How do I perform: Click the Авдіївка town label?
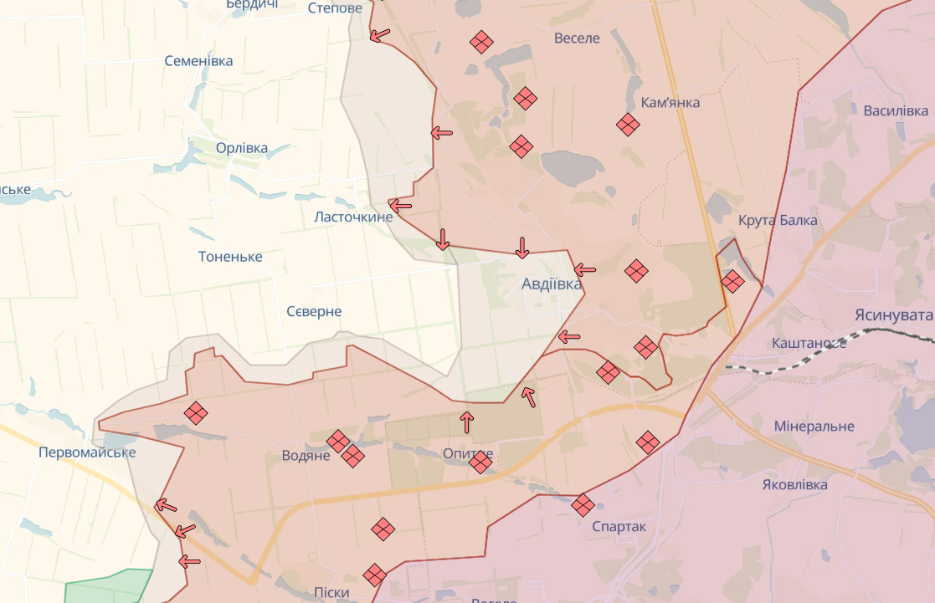click(x=552, y=284)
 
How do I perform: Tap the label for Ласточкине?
click(x=353, y=217)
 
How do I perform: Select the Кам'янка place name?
click(x=670, y=102)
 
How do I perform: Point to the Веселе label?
click(x=577, y=38)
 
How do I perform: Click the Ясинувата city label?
click(x=893, y=315)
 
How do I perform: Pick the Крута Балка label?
click(x=778, y=221)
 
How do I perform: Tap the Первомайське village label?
click(x=87, y=452)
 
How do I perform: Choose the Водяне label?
click(x=306, y=457)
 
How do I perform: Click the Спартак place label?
click(x=619, y=527)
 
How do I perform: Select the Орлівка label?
click(x=242, y=149)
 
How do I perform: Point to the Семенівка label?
click(x=198, y=61)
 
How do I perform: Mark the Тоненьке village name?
click(x=230, y=257)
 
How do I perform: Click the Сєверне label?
click(x=314, y=312)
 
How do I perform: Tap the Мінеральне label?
click(x=814, y=427)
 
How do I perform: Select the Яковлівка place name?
click(x=795, y=485)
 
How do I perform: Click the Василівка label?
click(x=896, y=111)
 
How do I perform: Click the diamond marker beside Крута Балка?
click(x=732, y=282)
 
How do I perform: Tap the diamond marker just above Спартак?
click(x=583, y=504)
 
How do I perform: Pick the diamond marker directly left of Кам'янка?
click(x=628, y=125)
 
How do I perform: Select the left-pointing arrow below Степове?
click(x=380, y=35)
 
